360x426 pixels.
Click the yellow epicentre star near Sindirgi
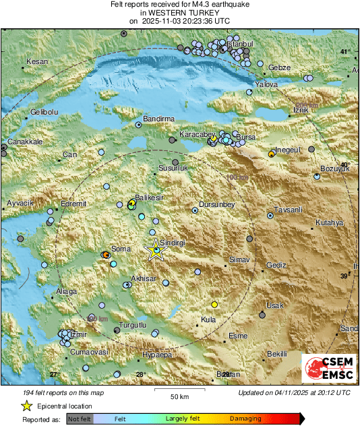point(155,250)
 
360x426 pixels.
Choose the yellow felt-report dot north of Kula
point(215,304)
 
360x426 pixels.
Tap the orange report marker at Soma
point(106,255)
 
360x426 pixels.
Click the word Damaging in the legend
point(245,419)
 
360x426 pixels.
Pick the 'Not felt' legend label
point(80,419)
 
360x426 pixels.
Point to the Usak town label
point(276,306)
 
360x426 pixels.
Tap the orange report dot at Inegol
point(271,154)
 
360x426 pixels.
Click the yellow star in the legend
point(26,406)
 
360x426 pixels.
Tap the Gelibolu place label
point(45,112)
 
